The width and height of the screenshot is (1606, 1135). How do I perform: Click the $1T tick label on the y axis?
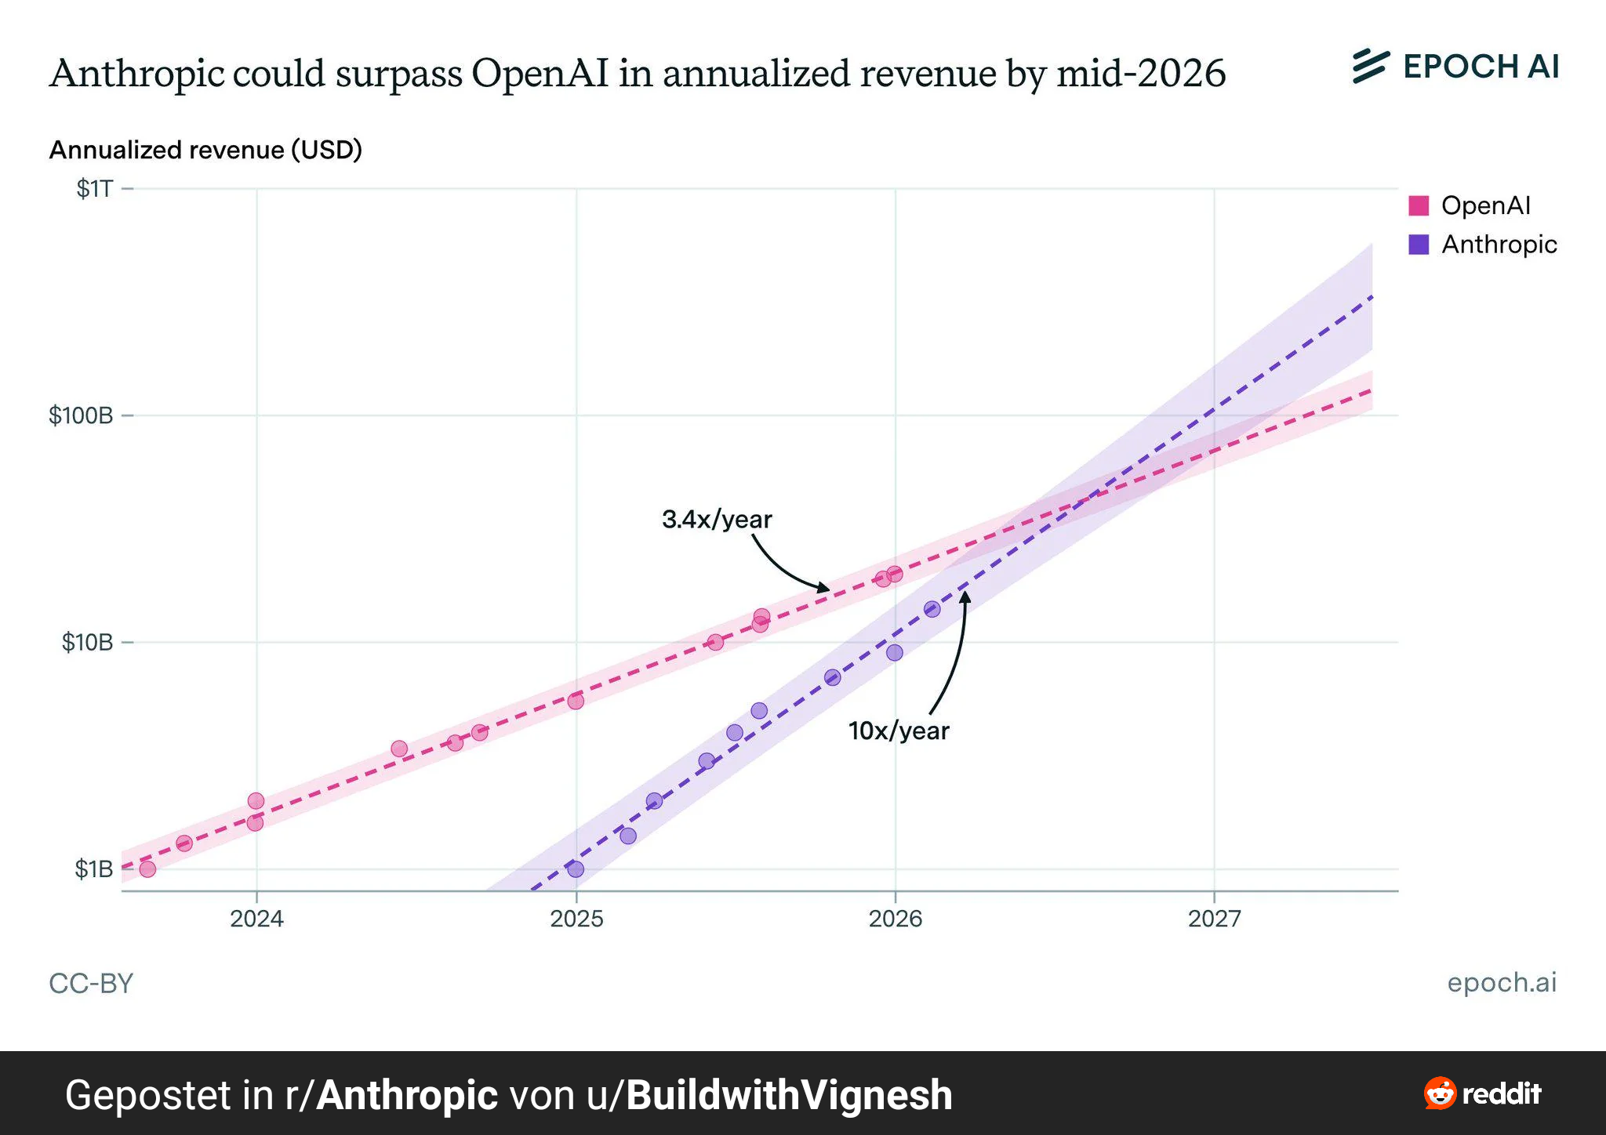[94, 189]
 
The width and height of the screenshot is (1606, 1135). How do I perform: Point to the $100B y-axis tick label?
[81, 415]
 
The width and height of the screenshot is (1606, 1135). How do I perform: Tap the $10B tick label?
[87, 643]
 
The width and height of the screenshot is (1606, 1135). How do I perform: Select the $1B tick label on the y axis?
[93, 869]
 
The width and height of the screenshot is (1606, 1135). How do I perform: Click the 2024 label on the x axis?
[256, 919]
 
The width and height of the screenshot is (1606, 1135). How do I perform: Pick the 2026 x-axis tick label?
[895, 919]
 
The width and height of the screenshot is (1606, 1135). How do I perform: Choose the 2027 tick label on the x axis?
[1214, 919]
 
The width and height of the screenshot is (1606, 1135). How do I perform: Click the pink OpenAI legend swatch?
[1419, 205]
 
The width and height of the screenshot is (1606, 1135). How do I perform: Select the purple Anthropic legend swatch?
[1419, 245]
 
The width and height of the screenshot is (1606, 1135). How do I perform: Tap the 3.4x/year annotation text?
[717, 519]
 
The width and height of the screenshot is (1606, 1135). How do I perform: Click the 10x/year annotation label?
[899, 731]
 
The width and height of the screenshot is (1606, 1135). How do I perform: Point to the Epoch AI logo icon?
[1371, 67]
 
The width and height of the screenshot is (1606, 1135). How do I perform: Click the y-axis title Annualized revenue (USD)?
[205, 150]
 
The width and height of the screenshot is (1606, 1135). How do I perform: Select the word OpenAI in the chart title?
[540, 74]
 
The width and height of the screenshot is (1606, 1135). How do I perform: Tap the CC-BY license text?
[91, 984]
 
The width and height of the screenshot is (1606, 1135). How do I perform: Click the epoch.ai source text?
[1502, 982]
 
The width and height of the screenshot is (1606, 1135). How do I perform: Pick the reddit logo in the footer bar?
[1482, 1093]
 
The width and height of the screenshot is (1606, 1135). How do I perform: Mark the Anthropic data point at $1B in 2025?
[576, 869]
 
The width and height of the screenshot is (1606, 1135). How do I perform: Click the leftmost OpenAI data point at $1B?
[147, 869]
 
